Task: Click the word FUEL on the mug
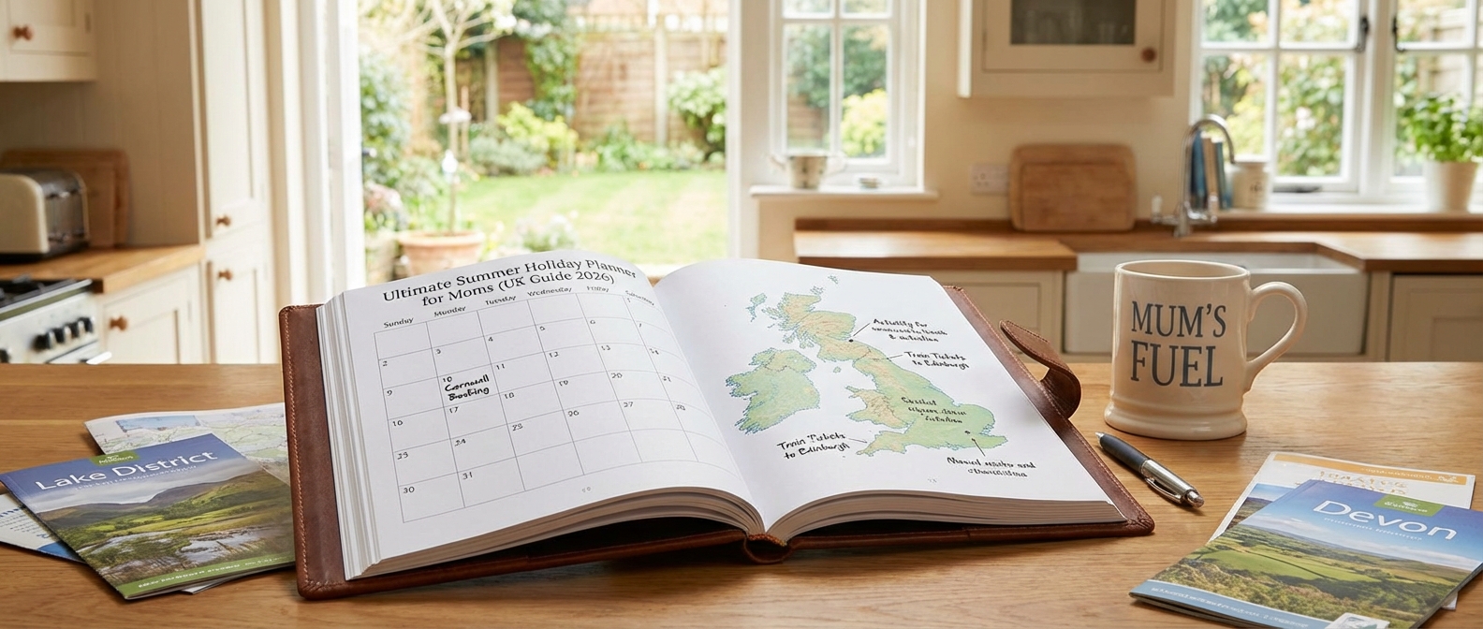(1177, 364)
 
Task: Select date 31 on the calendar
(467, 475)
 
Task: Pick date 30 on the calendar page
(408, 489)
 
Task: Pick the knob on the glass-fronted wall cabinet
(1148, 53)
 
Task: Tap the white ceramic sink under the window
(1217, 281)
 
